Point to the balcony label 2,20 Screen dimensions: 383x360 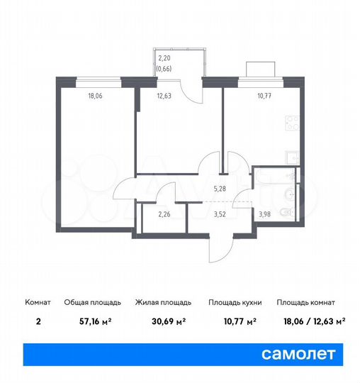tap(165, 58)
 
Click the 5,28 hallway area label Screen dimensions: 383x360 tap(220, 189)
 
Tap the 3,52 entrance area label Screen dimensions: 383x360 tap(220, 214)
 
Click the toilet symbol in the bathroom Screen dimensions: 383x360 tap(286, 211)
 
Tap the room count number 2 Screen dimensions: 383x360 tap(38, 321)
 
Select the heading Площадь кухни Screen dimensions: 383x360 tap(235, 302)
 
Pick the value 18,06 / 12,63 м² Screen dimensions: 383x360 tap(311, 321)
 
